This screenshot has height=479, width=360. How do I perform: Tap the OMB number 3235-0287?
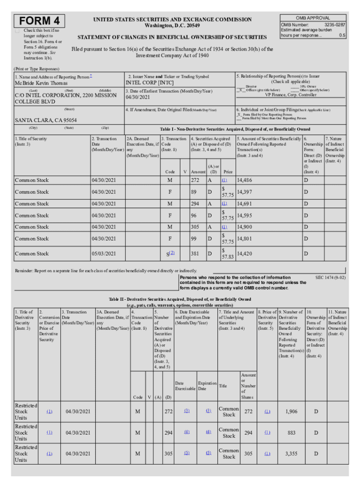click(x=334, y=24)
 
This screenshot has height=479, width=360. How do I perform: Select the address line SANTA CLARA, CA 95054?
click(x=46, y=120)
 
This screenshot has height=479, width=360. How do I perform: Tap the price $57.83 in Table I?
click(x=227, y=254)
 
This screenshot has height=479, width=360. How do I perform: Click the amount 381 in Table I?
click(x=195, y=254)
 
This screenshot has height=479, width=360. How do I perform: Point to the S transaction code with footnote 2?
click(x=171, y=254)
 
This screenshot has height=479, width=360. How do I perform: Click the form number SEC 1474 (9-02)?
click(x=331, y=277)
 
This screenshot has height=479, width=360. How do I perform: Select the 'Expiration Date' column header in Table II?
click(x=207, y=386)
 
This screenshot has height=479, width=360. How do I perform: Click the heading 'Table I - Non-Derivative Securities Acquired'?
click(x=235, y=129)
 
